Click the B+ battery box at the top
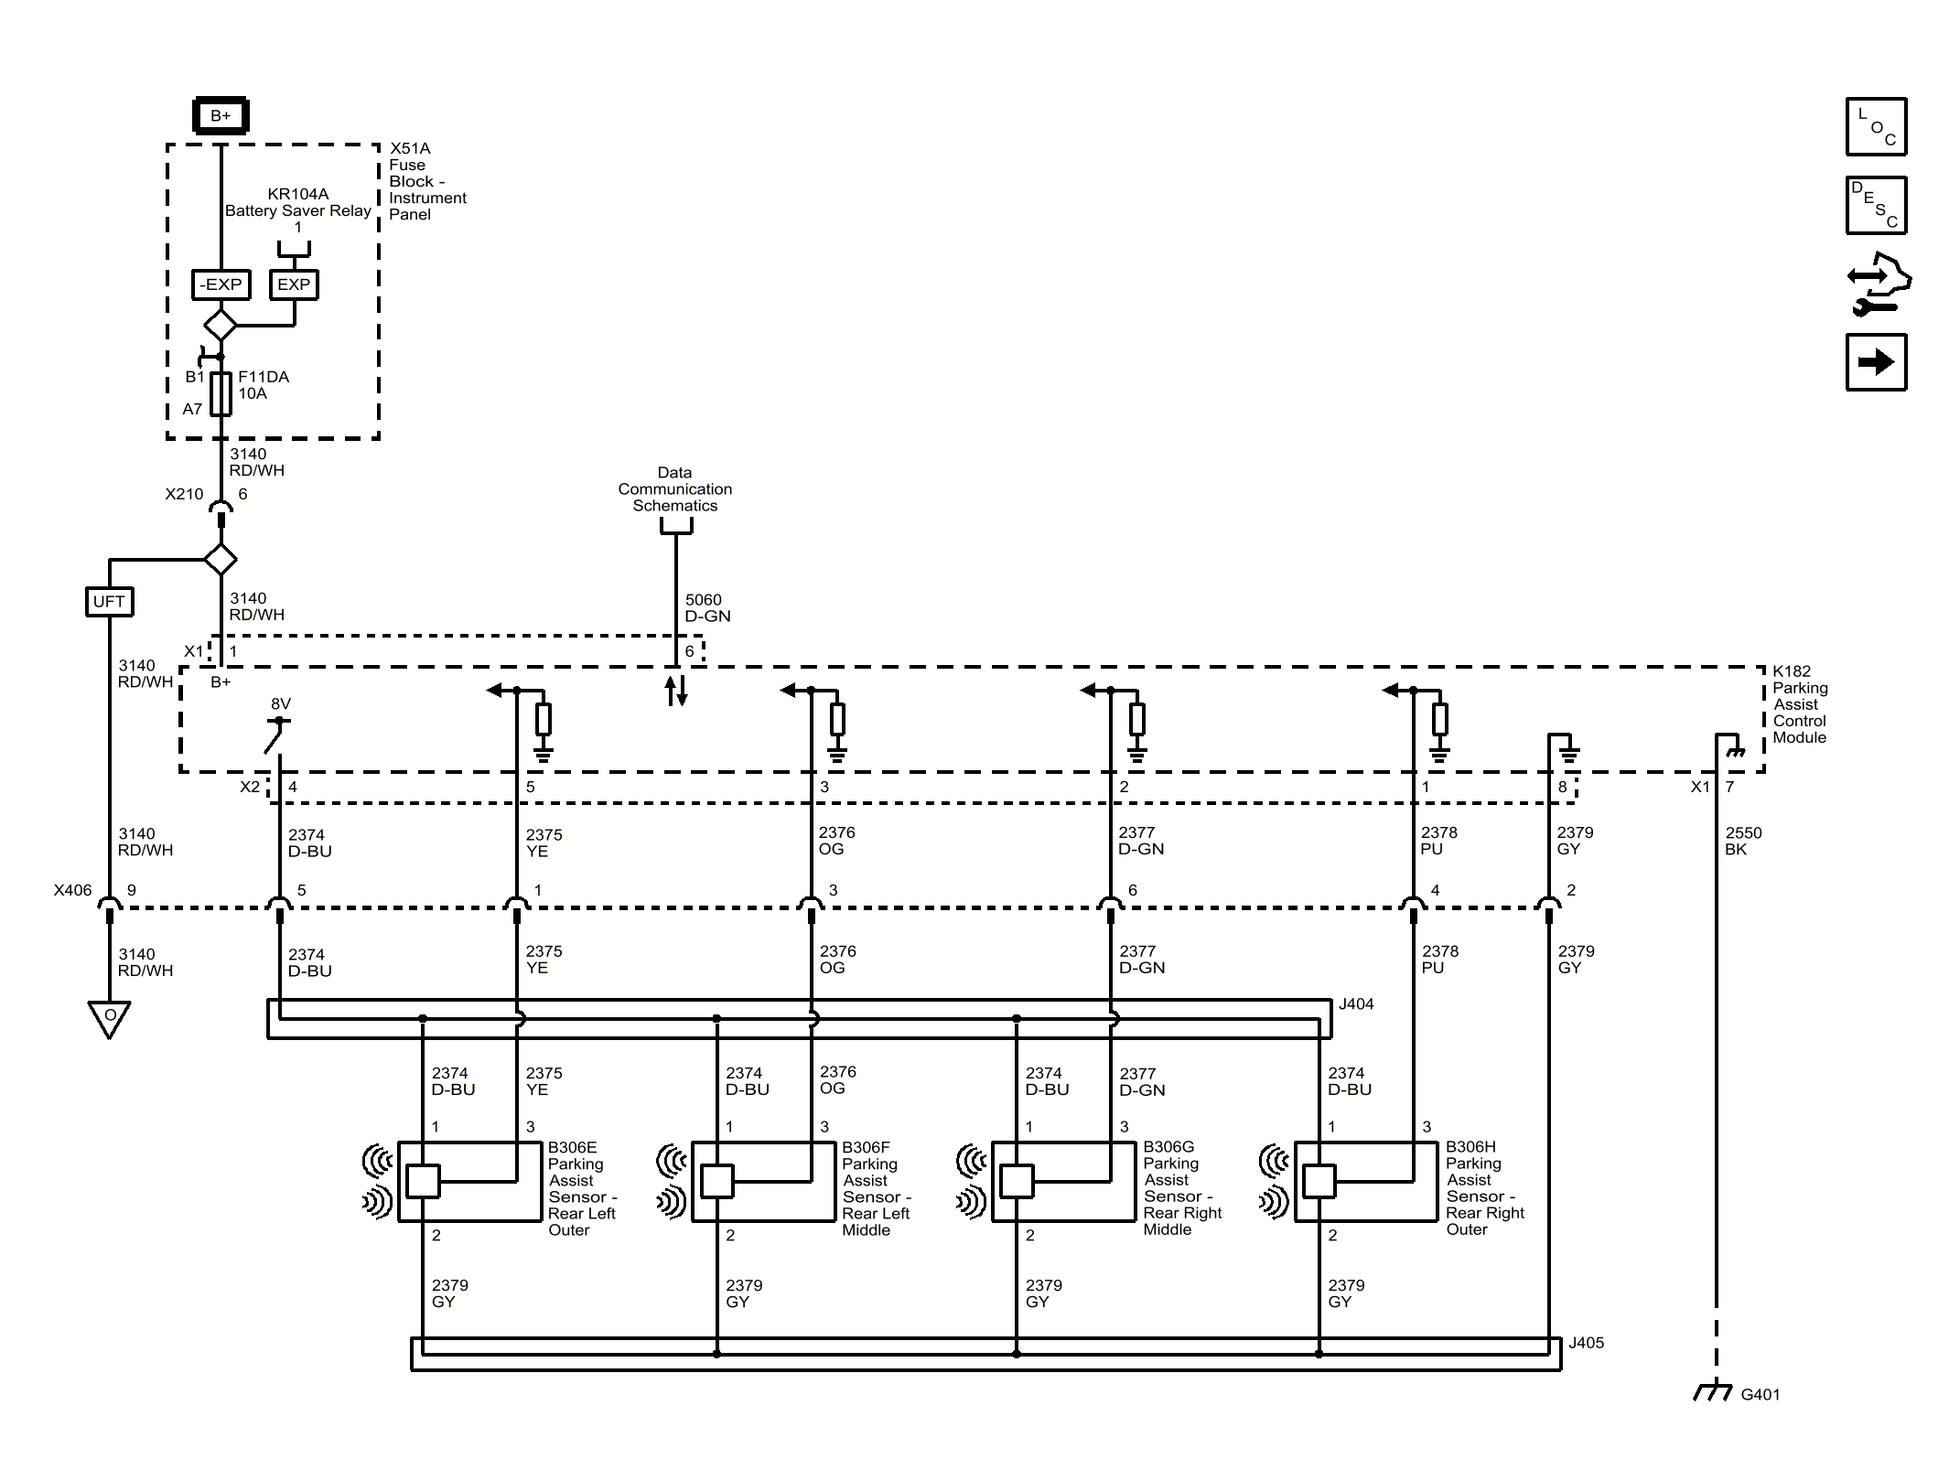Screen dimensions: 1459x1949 (x=221, y=116)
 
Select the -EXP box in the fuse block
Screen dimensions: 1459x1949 (x=221, y=284)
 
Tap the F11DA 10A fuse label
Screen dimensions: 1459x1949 (x=263, y=385)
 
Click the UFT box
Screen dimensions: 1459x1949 (x=109, y=602)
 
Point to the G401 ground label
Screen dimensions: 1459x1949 (x=1760, y=1395)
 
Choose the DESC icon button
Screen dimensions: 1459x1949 (x=1876, y=206)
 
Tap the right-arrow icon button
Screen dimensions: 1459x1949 (x=1876, y=363)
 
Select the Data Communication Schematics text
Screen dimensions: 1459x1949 (x=674, y=489)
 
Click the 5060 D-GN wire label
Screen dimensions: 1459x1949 (x=707, y=608)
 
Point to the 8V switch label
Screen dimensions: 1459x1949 (x=281, y=704)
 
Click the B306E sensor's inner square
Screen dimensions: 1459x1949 (x=423, y=1181)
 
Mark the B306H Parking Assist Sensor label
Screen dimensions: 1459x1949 (x=1484, y=1188)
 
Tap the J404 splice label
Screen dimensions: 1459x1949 (x=1355, y=1004)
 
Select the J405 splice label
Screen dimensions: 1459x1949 (x=1586, y=1343)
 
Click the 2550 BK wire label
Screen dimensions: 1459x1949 (x=1743, y=842)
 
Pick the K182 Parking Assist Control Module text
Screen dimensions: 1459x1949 (x=1799, y=704)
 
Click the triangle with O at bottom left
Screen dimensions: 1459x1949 (x=109, y=1017)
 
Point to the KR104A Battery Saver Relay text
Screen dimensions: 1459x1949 (x=298, y=203)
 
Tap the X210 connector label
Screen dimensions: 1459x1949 (x=184, y=494)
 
